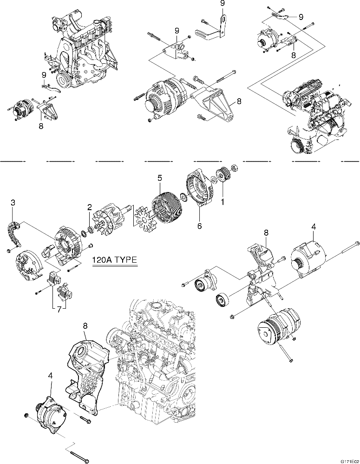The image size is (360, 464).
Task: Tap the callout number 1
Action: coord(222,202)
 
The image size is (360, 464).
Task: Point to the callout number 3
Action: coord(13,202)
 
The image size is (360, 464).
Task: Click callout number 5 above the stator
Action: coord(160,178)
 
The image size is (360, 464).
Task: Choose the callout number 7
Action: coord(59,309)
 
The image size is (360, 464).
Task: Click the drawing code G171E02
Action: coord(349,460)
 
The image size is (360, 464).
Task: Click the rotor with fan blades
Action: coord(108,222)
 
